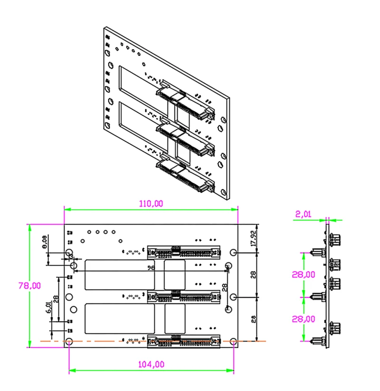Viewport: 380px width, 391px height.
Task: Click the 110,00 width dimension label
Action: coord(151,204)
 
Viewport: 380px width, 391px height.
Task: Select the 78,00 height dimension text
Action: coord(21,285)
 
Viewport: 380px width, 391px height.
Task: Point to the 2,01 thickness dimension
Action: coord(303,215)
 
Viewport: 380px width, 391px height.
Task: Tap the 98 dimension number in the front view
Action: coord(152,268)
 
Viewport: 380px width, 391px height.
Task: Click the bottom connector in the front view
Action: coord(183,341)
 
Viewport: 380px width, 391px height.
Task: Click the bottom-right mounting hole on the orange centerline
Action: coord(233,342)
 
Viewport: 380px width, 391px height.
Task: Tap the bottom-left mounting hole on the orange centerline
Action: coord(69,342)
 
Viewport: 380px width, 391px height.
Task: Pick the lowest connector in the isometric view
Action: coord(185,174)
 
